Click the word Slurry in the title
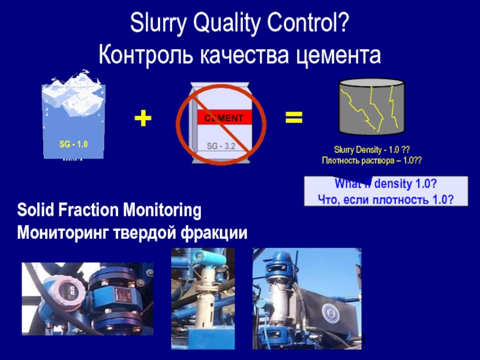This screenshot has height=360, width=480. point(157,25)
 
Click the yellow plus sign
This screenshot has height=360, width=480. point(143,118)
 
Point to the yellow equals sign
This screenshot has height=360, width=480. point(293,118)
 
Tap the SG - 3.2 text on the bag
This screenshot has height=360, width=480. point(221,146)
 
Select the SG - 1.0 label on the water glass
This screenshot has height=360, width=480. point(73,145)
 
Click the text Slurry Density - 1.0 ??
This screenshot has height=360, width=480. point(371,149)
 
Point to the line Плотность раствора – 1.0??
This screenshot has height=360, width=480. point(371,160)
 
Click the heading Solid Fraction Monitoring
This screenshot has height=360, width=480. point(109,211)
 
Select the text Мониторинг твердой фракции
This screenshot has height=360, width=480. point(132,231)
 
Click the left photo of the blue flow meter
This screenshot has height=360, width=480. point(88,298)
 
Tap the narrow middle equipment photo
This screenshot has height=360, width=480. point(201,298)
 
